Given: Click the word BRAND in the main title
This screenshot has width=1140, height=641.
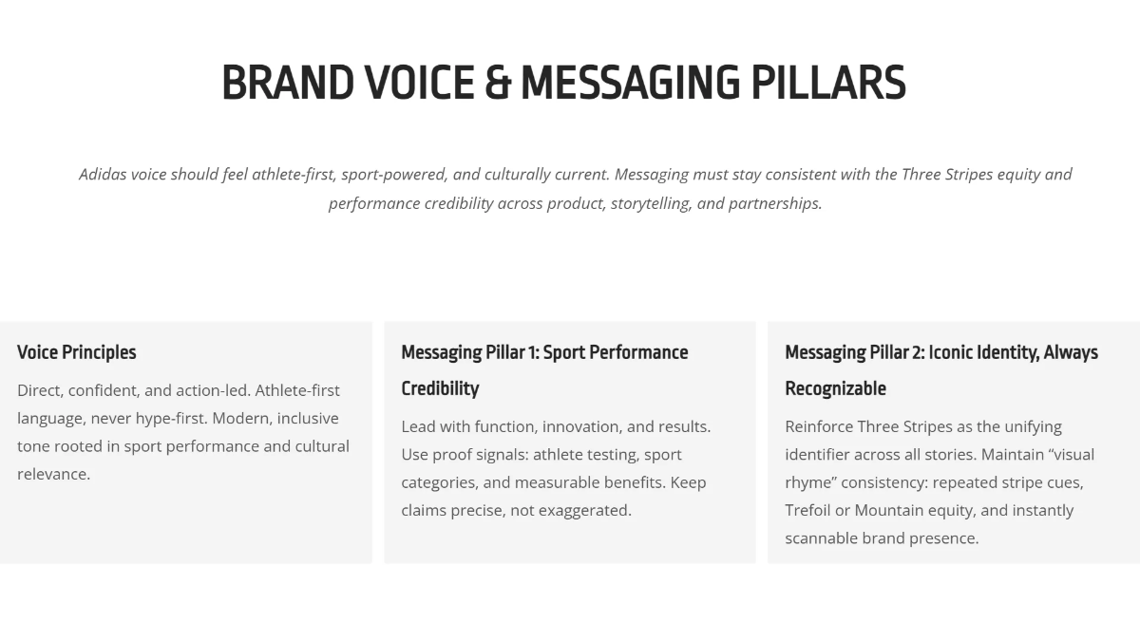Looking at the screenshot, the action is click(x=288, y=83).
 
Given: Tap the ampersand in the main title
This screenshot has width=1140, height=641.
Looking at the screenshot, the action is click(x=498, y=83).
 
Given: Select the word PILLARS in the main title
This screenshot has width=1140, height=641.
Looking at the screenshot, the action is click(x=828, y=83).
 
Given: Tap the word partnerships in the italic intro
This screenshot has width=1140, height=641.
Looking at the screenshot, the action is click(x=775, y=204).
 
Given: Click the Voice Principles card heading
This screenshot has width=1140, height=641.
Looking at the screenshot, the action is click(x=77, y=352).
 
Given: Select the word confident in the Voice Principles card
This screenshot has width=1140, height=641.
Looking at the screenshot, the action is click(x=104, y=390).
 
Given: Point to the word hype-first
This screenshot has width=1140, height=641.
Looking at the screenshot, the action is click(x=170, y=419).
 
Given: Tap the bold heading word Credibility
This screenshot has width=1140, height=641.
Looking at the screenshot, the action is click(x=440, y=388).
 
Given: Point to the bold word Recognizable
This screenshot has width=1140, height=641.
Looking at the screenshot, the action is click(x=836, y=388).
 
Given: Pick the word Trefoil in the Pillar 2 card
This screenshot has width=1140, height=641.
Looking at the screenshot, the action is click(x=807, y=510).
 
